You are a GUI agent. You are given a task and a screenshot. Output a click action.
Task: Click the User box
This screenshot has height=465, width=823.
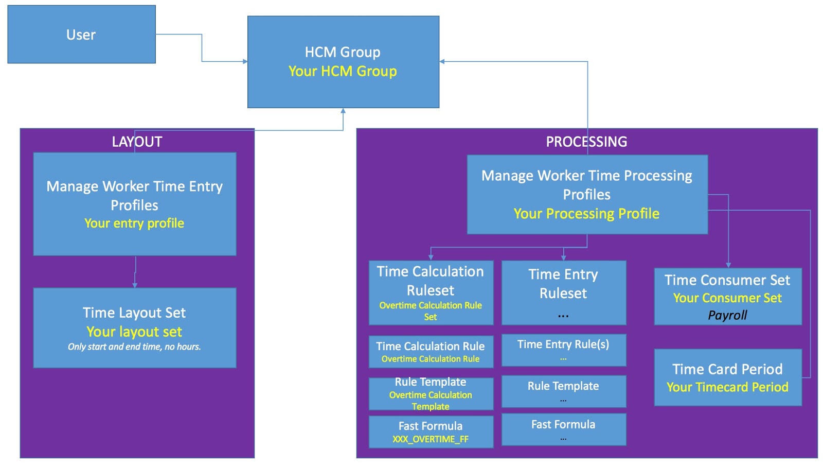tap(81, 35)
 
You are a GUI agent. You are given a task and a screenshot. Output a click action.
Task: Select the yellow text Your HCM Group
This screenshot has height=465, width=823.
tap(343, 71)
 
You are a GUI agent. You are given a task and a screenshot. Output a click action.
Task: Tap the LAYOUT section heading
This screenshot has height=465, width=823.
tap(137, 142)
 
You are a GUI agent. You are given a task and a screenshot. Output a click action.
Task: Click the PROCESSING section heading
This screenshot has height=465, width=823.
tap(586, 142)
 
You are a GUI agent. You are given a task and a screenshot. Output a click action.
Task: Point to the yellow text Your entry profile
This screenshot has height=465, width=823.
tap(134, 223)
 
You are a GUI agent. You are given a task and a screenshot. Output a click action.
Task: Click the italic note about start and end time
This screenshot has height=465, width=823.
tap(134, 347)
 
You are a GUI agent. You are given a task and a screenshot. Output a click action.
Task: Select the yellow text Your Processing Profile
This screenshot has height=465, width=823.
tap(586, 214)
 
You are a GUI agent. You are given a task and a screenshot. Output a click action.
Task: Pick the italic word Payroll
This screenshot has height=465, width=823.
tap(727, 315)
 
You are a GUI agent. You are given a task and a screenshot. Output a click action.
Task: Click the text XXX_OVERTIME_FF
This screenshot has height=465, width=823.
tap(431, 439)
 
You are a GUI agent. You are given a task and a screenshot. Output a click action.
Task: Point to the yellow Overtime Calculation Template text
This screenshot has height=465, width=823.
tap(431, 401)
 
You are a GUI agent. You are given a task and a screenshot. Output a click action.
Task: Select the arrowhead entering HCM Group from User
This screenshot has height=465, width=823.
tap(245, 62)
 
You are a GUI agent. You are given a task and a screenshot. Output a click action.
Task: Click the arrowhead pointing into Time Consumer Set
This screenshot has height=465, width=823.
tap(728, 265)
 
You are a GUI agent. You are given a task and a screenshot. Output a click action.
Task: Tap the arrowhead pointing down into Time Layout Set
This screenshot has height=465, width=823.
tap(135, 285)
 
